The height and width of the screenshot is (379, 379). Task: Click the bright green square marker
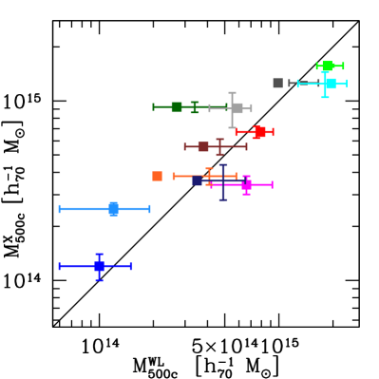click(x=328, y=66)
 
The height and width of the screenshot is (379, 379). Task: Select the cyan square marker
click(x=329, y=84)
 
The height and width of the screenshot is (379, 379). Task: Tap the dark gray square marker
click(x=277, y=84)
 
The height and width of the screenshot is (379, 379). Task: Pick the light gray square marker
click(x=237, y=108)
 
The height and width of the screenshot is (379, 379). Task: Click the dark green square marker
click(x=177, y=106)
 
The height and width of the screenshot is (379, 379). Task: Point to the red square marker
click(x=259, y=132)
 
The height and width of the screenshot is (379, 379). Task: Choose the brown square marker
click(x=203, y=146)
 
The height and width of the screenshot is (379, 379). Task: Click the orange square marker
click(x=157, y=176)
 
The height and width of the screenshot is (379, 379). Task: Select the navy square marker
click(x=198, y=180)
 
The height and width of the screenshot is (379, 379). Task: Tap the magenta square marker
click(x=246, y=184)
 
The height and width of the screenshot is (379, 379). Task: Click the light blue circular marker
click(x=113, y=209)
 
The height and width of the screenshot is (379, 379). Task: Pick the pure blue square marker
click(x=99, y=266)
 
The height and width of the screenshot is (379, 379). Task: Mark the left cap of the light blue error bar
click(x=59, y=209)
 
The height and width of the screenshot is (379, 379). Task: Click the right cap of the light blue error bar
click(x=150, y=209)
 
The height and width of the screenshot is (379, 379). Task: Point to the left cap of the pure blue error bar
click(x=59, y=266)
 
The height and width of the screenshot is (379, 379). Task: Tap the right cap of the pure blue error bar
click(x=131, y=266)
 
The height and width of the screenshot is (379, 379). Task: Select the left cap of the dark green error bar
click(x=153, y=106)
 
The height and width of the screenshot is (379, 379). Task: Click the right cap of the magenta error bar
click(x=273, y=184)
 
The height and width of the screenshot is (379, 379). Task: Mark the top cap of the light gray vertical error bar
click(x=232, y=92)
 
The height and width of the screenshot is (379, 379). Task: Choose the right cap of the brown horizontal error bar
click(x=247, y=146)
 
